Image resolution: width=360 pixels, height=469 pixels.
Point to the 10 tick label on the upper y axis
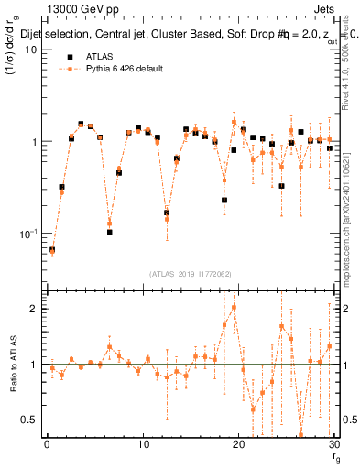[29, 49]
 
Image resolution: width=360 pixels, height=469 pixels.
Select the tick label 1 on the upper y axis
[33, 142]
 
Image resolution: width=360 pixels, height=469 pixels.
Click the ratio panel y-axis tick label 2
[33, 309]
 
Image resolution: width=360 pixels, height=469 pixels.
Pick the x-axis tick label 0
[47, 444]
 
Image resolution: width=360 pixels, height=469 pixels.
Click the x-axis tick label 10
[143, 444]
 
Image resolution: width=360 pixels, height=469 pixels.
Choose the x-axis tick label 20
[238, 444]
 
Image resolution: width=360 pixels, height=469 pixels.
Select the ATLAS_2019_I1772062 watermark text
[191, 273]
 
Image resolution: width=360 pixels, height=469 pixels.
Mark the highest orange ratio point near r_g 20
[234, 308]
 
